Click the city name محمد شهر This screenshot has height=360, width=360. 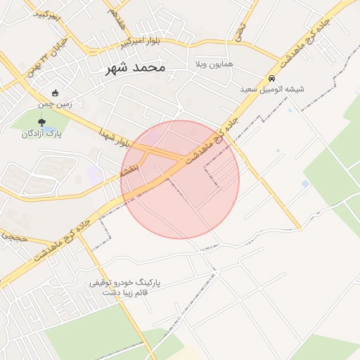tap(135, 67)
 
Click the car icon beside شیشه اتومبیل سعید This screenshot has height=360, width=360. tap(271, 79)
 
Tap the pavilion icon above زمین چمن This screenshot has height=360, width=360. tap(56, 93)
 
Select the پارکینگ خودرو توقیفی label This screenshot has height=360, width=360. tap(125, 282)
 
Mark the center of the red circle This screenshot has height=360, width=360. tap(180, 179)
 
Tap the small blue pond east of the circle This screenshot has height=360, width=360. tap(305, 184)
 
